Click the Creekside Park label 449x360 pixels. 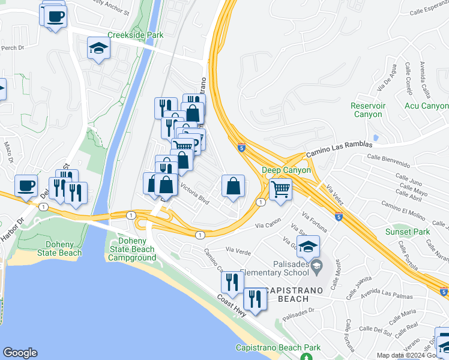pos(135,35)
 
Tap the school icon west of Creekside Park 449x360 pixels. pos(98,49)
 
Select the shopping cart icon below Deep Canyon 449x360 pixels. pos(280,190)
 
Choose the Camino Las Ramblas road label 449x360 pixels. pos(339,149)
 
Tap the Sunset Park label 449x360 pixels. pos(407,232)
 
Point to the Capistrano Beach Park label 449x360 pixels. pos(278,348)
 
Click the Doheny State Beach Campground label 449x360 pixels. pos(132,249)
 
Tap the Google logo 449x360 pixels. pos(20,353)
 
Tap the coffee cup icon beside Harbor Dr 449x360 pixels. pos(26,187)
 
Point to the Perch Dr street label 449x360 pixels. pos(11,47)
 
